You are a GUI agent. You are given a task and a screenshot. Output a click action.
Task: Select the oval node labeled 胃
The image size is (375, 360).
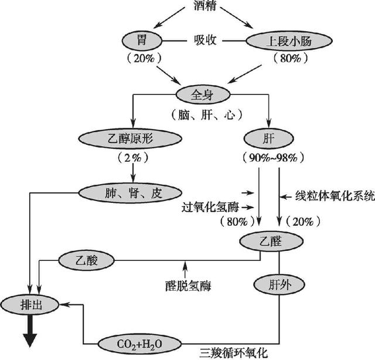click(141, 41)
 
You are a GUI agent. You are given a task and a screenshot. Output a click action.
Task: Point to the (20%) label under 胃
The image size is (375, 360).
click(141, 59)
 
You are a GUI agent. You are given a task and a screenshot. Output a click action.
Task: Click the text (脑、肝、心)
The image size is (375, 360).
click(205, 114)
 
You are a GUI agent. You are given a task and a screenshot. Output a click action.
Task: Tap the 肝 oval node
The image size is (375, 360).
click(270, 138)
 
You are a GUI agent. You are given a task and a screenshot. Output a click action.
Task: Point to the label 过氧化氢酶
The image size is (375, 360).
click(212, 206)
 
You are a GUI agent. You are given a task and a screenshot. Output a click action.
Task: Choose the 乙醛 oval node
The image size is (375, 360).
click(271, 241)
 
